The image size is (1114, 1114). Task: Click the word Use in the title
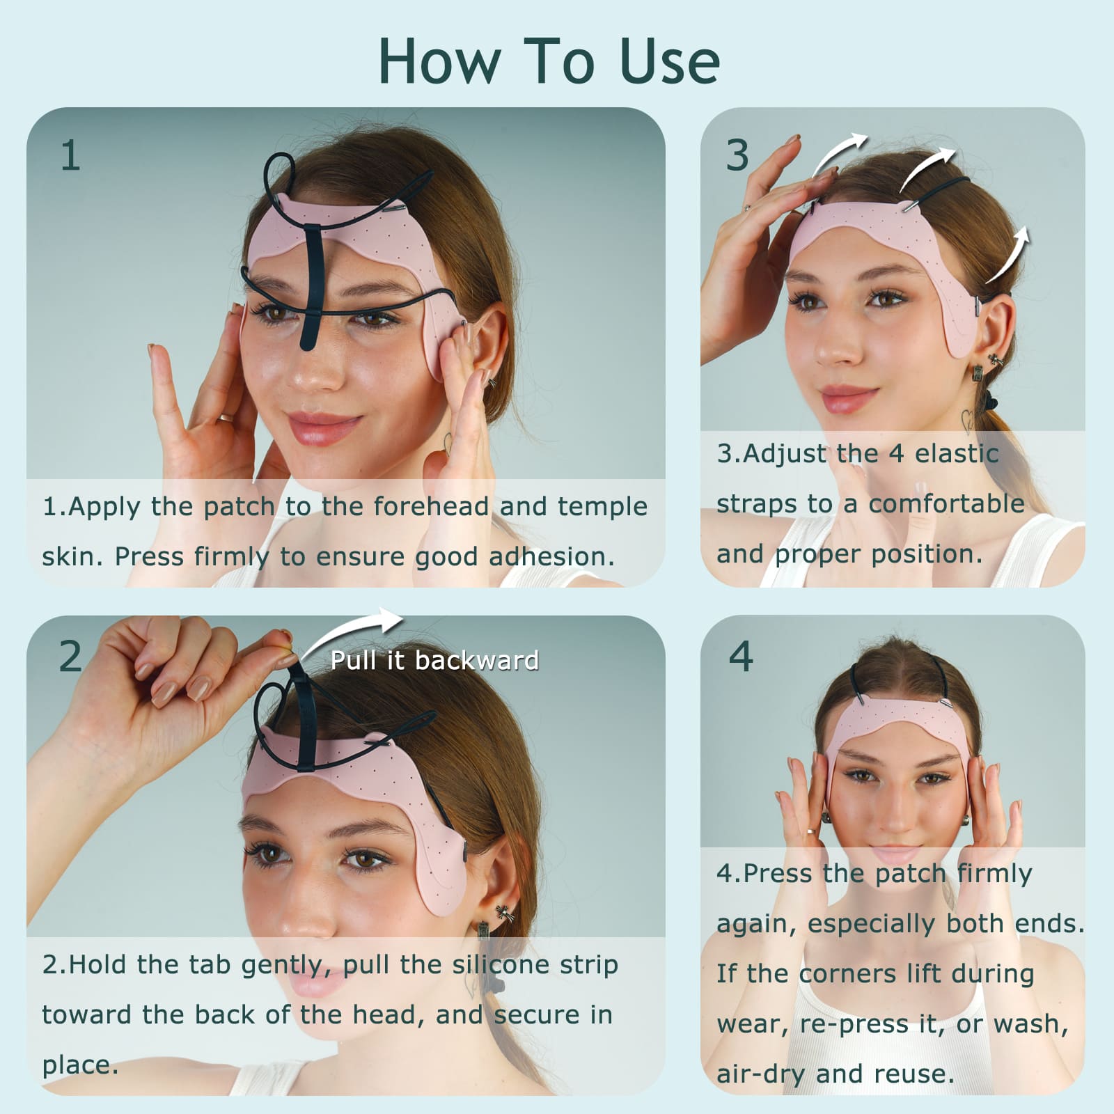[x=670, y=61]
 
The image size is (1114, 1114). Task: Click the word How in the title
[x=439, y=61]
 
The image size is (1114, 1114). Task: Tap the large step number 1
[x=70, y=155]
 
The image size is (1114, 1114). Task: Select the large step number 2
[x=70, y=656]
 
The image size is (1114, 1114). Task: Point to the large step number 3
[x=737, y=155]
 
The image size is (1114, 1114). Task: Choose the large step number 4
[x=741, y=656]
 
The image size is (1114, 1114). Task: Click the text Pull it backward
[x=434, y=660]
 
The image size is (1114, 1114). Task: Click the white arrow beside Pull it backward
[x=352, y=630]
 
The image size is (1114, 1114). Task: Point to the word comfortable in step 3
[x=947, y=503]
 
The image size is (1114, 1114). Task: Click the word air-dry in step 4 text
[x=761, y=1074]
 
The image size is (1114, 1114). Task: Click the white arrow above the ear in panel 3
[x=1007, y=255]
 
